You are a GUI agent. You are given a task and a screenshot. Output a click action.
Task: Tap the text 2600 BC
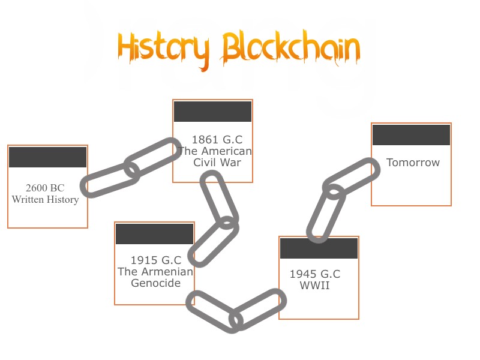click(x=45, y=188)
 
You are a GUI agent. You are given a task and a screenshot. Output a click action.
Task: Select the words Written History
click(x=45, y=199)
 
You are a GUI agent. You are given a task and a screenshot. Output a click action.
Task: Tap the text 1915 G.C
click(x=156, y=260)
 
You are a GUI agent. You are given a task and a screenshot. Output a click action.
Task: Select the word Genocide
click(x=156, y=283)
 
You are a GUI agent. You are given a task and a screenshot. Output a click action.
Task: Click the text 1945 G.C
click(x=315, y=274)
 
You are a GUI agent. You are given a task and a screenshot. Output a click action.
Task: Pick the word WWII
click(x=315, y=286)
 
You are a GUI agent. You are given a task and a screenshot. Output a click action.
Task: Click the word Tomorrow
click(x=413, y=163)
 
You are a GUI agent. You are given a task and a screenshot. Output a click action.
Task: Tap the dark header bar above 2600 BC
click(x=48, y=157)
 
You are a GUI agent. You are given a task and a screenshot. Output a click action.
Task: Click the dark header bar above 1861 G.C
click(x=212, y=112)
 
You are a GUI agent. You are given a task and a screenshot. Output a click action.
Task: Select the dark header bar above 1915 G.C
click(x=154, y=234)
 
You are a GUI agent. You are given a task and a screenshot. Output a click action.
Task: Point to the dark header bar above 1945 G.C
click(x=319, y=248)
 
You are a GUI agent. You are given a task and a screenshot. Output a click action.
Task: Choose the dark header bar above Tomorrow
click(x=411, y=135)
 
